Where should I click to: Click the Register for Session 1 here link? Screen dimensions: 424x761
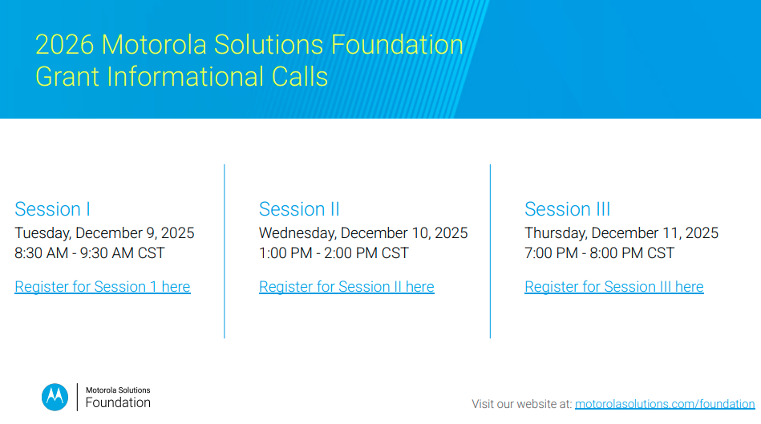coord(103,287)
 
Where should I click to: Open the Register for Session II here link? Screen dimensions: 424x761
coord(346,287)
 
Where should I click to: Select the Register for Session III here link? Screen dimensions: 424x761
coord(613,287)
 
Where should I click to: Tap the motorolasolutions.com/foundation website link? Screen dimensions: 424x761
coord(665,404)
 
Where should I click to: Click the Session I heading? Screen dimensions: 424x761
coord(52,209)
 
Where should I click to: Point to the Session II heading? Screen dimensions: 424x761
coord(299,209)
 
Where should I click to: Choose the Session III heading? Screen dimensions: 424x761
coord(567,209)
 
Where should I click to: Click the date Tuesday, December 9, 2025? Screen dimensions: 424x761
coord(104,233)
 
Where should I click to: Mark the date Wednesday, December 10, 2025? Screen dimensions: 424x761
coord(363,233)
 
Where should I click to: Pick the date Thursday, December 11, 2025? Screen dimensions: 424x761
coord(621,233)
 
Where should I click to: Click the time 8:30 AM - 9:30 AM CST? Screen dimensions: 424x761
coord(90,253)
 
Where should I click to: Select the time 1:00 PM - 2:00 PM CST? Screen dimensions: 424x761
coord(334,253)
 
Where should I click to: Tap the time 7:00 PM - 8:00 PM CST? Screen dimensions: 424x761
coord(599,253)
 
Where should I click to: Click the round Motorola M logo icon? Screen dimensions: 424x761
coord(55,397)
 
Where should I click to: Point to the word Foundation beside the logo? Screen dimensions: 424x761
coord(118,402)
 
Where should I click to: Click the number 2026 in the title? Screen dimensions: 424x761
coord(65,44)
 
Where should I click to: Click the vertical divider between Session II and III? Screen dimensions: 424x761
coord(490,251)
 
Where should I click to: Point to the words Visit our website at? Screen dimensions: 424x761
coord(521,404)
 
